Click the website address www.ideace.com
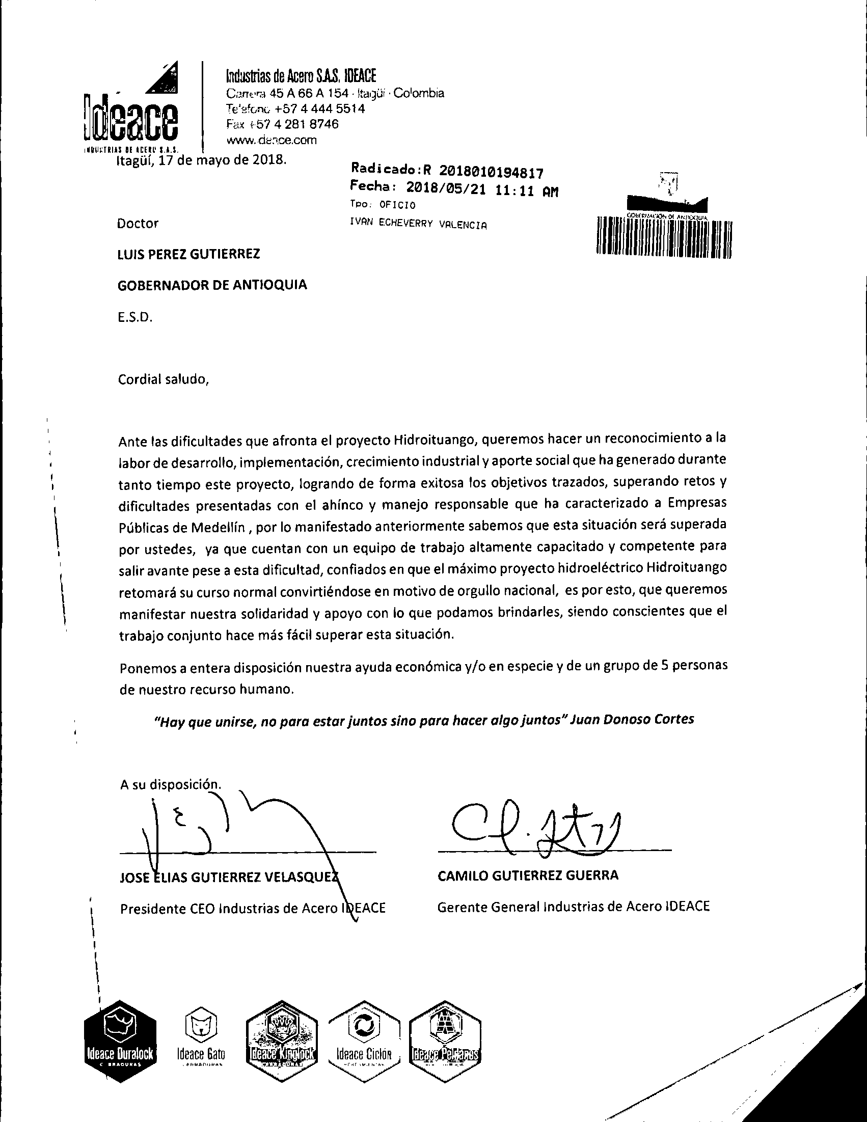pos(272,140)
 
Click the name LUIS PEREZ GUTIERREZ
pos(188,254)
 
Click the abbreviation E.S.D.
pos(135,317)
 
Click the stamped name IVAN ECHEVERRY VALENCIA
pos(417,225)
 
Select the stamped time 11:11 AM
pos(526,191)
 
